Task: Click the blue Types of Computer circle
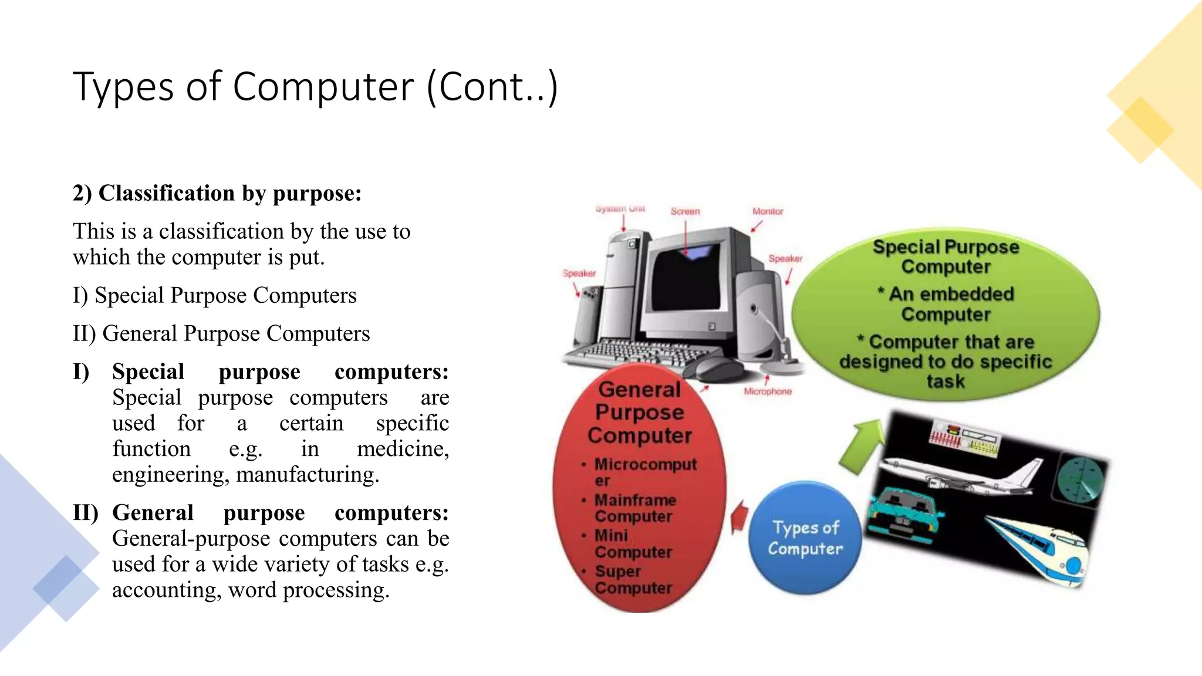805,538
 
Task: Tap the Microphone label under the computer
768,391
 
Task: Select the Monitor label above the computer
768,211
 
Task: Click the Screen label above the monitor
685,211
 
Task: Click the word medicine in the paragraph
403,449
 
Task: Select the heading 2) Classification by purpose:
217,193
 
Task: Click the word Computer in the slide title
323,87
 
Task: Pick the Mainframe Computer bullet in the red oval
635,508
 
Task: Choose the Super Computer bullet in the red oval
633,579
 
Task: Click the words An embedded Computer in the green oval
946,304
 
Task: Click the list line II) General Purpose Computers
221,333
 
